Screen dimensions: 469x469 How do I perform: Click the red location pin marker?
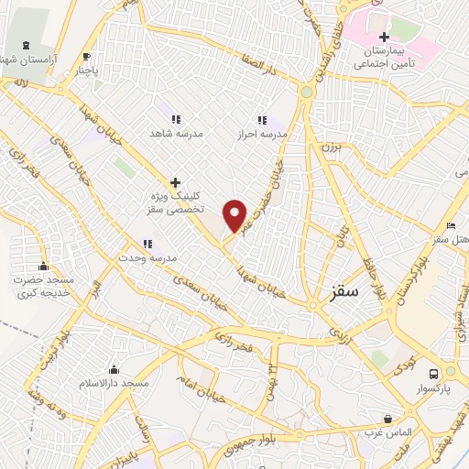pyautogui.click(x=235, y=215)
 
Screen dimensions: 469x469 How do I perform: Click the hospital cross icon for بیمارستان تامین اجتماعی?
pyautogui.click(x=384, y=37)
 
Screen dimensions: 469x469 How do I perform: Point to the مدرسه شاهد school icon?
pyautogui.click(x=176, y=118)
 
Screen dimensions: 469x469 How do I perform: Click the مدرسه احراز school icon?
pyautogui.click(x=262, y=119)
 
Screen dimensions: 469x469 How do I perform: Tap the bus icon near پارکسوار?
pyautogui.click(x=434, y=373)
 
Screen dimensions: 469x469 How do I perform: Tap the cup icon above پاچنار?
pyautogui.click(x=87, y=56)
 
